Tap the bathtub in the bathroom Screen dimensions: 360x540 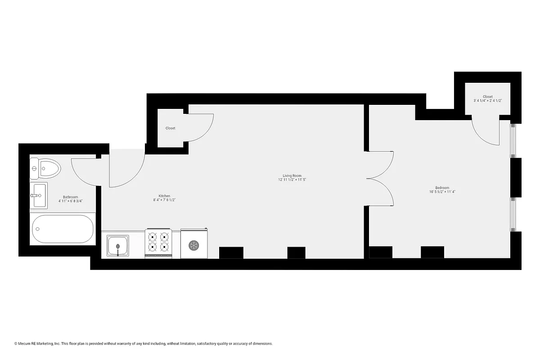63,229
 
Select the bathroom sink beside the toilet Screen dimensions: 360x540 39,196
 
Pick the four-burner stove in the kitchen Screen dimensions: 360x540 158,243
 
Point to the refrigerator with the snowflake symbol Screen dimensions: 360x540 193,244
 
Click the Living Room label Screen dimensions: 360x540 292,175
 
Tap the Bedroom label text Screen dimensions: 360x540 442,188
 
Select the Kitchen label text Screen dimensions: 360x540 164,196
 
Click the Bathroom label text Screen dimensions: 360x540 71,197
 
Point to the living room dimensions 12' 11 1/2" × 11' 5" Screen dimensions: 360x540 292,180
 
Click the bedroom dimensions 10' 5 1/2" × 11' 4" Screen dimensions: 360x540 442,192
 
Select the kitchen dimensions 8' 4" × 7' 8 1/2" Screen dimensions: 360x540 164,200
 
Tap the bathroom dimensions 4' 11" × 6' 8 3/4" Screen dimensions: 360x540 71,201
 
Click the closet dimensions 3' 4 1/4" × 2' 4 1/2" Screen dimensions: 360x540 487,101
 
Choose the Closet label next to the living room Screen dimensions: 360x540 170,128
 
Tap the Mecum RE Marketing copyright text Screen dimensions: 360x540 144,344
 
